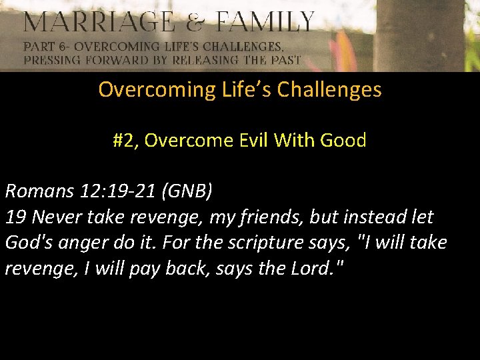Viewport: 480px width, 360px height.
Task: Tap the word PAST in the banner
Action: tap(284, 59)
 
